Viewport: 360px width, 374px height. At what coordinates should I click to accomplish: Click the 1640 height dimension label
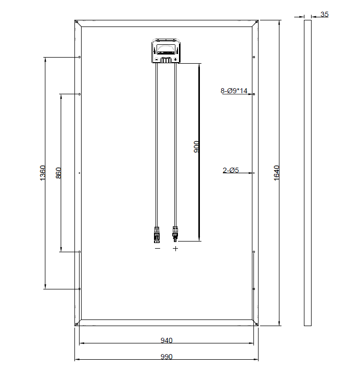[x=276, y=173]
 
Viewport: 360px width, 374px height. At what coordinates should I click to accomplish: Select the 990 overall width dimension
[x=166, y=357]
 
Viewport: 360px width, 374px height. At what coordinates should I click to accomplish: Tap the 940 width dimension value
[x=166, y=340]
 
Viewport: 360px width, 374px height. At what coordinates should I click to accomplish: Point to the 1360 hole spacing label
[x=42, y=173]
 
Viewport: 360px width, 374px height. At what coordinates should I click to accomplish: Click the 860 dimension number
[x=59, y=173]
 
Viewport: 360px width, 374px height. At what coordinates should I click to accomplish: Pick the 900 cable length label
[x=196, y=147]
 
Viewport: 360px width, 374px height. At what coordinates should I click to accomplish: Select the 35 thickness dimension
[x=324, y=14]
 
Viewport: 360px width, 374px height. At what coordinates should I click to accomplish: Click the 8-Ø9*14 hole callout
[x=234, y=91]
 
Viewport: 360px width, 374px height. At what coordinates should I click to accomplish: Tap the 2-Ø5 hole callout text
[x=231, y=170]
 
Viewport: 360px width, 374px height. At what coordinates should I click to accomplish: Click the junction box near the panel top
[x=166, y=51]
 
